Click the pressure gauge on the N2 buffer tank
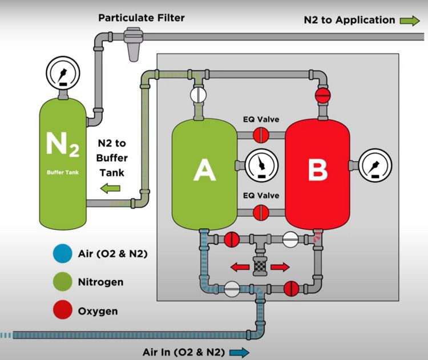pyautogui.click(x=63, y=73)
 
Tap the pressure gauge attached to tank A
pyautogui.click(x=261, y=165)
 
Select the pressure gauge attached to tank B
pyautogui.click(x=375, y=165)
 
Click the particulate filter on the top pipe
pyautogui.click(x=134, y=44)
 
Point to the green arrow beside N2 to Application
pyautogui.click(x=410, y=21)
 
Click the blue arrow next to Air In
pyautogui.click(x=239, y=353)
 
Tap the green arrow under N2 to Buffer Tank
pyautogui.click(x=110, y=188)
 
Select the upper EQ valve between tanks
pyautogui.click(x=261, y=135)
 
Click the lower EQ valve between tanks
pyautogui.click(x=261, y=213)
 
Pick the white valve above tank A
pyautogui.click(x=198, y=95)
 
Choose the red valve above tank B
pyautogui.click(x=322, y=95)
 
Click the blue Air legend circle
pyautogui.click(x=63, y=253)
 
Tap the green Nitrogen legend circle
pyautogui.click(x=63, y=282)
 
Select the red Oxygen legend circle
pyautogui.click(x=63, y=310)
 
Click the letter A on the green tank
pyautogui.click(x=205, y=170)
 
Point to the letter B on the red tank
pyautogui.click(x=318, y=170)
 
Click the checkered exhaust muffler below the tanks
pyautogui.click(x=260, y=266)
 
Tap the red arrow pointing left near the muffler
pyautogui.click(x=240, y=266)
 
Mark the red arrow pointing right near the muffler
pyautogui.click(x=280, y=266)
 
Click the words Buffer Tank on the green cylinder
pyautogui.click(x=63, y=172)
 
